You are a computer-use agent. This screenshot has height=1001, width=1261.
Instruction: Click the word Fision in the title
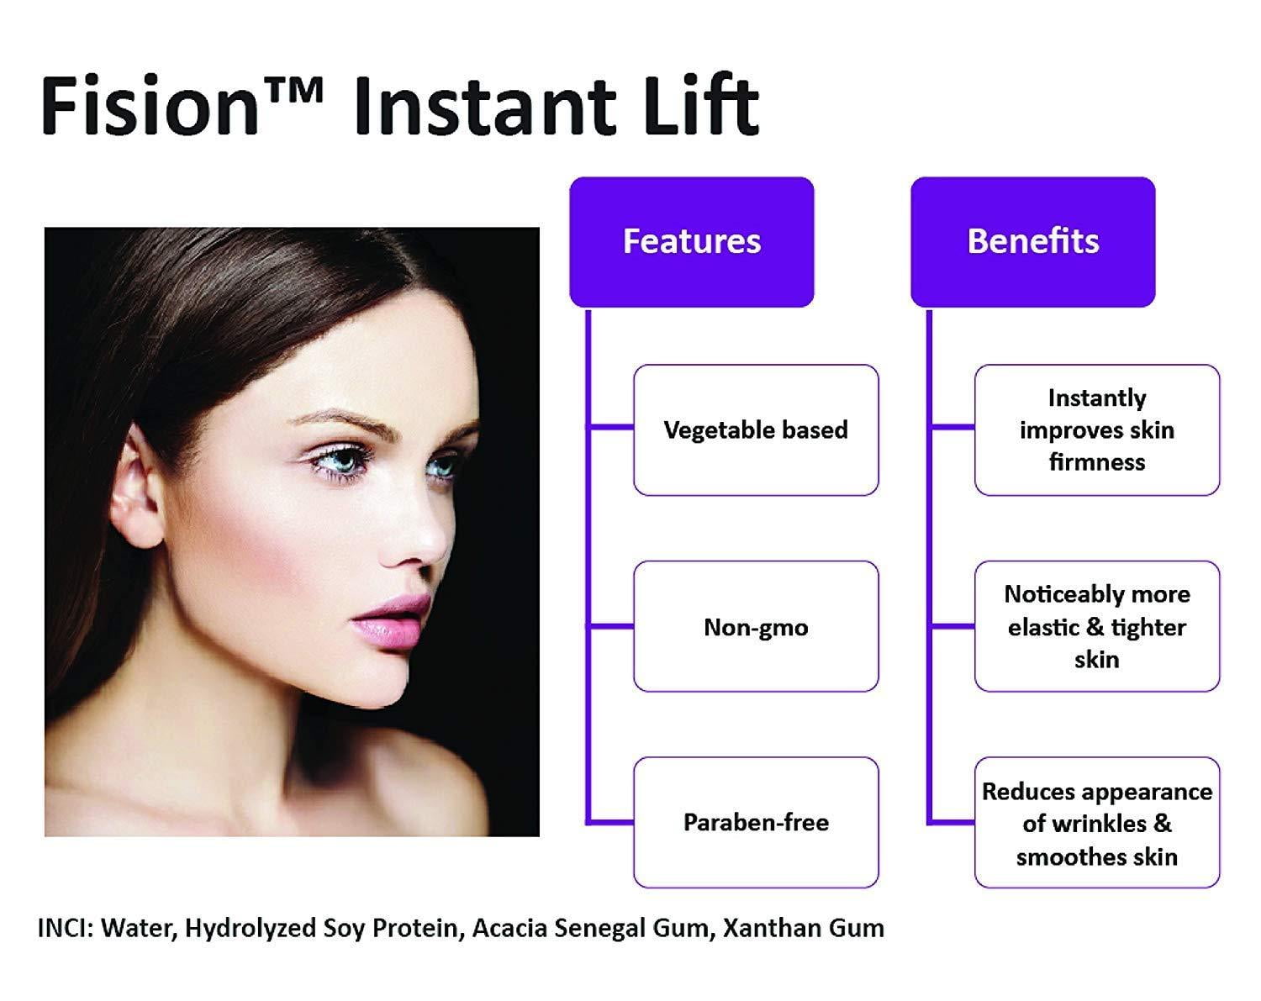point(150,106)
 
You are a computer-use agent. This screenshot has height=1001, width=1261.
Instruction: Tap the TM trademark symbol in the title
point(294,92)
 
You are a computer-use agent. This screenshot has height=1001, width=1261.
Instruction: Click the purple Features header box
point(691,242)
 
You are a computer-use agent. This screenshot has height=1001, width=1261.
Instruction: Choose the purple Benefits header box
point(1033,242)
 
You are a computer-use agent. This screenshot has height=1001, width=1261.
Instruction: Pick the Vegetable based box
point(756,430)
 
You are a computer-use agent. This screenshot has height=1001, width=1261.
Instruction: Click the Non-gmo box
point(756,626)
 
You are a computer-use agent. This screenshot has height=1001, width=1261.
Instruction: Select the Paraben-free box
point(756,822)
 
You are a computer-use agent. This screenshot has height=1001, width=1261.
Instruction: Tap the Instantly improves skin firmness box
point(1097,430)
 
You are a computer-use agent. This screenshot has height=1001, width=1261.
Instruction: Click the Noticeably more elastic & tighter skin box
point(1097,626)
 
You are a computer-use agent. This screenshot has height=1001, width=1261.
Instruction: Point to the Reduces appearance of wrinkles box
point(1097,822)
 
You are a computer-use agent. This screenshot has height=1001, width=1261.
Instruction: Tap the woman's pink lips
point(392,621)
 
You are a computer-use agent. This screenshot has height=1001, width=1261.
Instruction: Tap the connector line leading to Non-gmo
point(610,626)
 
